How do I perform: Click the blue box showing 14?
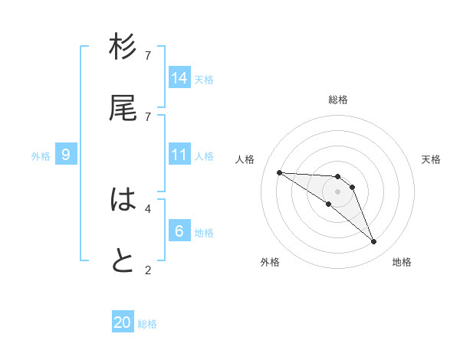pos(179,77)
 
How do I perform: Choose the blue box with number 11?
pos(179,155)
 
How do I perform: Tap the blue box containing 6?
pos(179,231)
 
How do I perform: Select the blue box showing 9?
pos(66,155)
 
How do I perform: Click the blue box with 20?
pos(123,322)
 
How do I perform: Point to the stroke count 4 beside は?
pos(148,208)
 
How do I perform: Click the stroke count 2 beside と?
pos(148,269)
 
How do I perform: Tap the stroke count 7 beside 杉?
pos(148,55)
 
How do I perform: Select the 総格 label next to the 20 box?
pos(147,324)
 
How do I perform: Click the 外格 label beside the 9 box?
pos(41,156)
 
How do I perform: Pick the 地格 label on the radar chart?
pos(402,262)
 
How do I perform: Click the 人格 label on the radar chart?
pos(245,159)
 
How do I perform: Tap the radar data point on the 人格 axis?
pos(279,172)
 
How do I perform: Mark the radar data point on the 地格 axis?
pos(373,242)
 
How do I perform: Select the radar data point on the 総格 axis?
pos(337,177)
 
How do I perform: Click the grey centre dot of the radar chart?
pos(337,191)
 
